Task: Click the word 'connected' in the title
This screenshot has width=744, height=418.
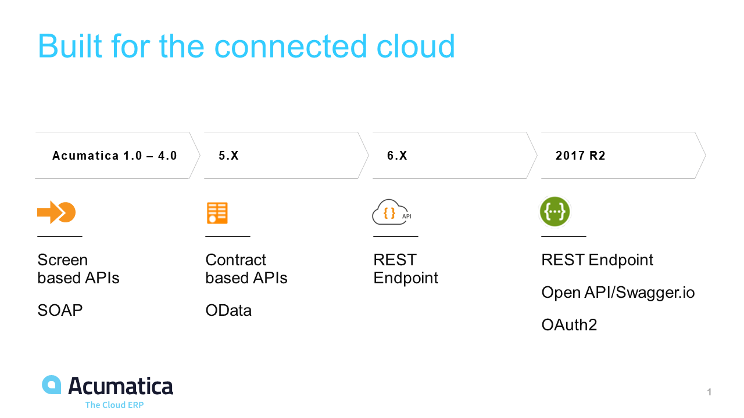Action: (x=291, y=46)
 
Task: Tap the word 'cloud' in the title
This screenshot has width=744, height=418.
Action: (x=416, y=46)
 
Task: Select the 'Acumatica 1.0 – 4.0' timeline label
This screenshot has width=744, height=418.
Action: (x=115, y=156)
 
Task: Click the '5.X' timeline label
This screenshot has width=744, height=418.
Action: (x=228, y=156)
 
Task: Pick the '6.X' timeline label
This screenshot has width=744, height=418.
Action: (x=397, y=156)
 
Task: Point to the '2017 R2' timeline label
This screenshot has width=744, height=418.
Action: (x=581, y=156)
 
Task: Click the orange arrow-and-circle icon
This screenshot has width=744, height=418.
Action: (x=56, y=212)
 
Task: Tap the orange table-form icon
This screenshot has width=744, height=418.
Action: (x=217, y=213)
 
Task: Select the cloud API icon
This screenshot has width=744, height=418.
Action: (x=392, y=212)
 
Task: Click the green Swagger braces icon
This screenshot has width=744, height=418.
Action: (x=555, y=212)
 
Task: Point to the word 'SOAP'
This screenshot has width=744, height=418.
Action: (x=60, y=311)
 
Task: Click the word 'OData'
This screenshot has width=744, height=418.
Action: (x=228, y=311)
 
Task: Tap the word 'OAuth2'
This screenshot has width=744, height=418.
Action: (x=569, y=325)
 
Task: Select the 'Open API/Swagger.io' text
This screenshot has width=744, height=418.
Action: (x=618, y=293)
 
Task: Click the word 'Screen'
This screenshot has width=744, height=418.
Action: (x=62, y=260)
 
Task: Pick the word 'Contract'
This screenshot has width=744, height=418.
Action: (x=236, y=260)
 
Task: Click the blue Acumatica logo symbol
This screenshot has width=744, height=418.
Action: (x=52, y=385)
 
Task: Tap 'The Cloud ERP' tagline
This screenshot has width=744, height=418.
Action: (x=115, y=405)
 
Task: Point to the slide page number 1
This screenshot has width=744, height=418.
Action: (x=709, y=392)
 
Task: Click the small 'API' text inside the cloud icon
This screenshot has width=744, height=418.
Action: (x=407, y=217)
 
